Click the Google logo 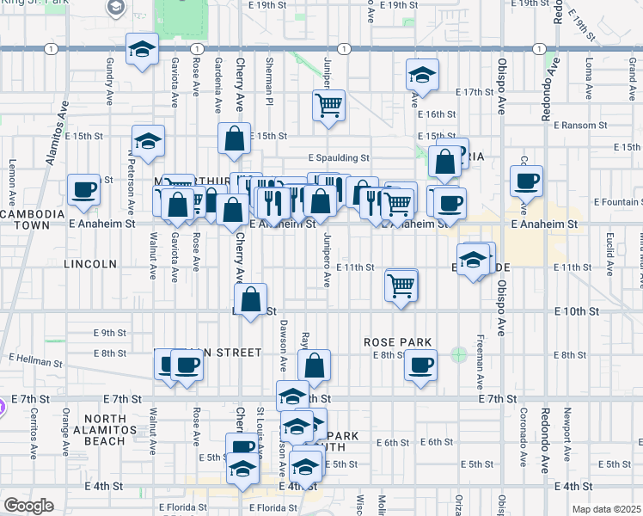pyautogui.click(x=29, y=506)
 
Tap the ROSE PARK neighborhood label pyautogui.click(x=396, y=341)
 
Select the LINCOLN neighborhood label pyautogui.click(x=89, y=264)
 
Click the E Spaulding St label pyautogui.click(x=339, y=158)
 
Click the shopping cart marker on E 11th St pyautogui.click(x=401, y=285)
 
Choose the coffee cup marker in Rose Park pyautogui.click(x=420, y=365)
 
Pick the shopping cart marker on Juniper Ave pyautogui.click(x=328, y=106)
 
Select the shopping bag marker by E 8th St pyautogui.click(x=315, y=365)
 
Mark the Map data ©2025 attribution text pyautogui.click(x=607, y=509)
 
